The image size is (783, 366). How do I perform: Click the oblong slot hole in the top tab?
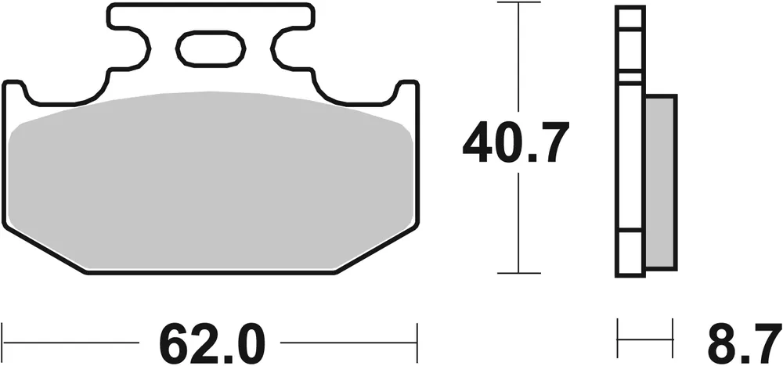(210, 49)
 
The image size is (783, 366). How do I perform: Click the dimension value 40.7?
(512, 143)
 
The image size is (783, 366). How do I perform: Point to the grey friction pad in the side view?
(659, 182)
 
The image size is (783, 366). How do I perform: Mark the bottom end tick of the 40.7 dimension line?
(519, 273)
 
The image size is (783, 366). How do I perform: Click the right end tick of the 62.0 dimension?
(416, 342)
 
